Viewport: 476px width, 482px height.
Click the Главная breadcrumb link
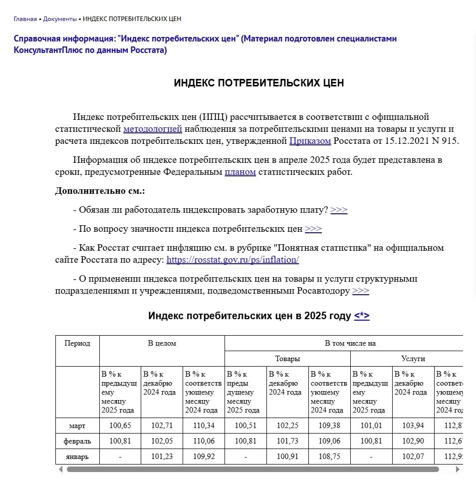25,19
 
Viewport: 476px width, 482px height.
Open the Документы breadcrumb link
59,19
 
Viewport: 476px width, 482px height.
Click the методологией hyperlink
153,129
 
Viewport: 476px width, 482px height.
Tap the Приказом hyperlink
310,141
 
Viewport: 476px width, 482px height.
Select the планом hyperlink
240,172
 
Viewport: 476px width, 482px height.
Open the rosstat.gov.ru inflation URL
233,260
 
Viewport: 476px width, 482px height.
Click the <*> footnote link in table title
362,316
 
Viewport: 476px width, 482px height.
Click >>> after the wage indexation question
339,210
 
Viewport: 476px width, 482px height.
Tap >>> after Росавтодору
360,291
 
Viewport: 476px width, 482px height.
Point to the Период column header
77,343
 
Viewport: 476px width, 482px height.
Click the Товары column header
287,359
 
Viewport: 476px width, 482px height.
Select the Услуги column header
413,359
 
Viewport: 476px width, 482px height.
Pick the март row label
77,426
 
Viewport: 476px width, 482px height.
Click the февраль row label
77,441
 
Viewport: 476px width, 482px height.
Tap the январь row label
77,456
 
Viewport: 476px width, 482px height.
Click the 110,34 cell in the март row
204,426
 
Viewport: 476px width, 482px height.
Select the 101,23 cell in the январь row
162,456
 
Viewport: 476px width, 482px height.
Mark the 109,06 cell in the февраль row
329,441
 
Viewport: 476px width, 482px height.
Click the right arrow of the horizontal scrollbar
458,470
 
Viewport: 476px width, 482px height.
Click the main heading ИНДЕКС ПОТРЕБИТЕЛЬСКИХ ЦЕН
258,83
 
